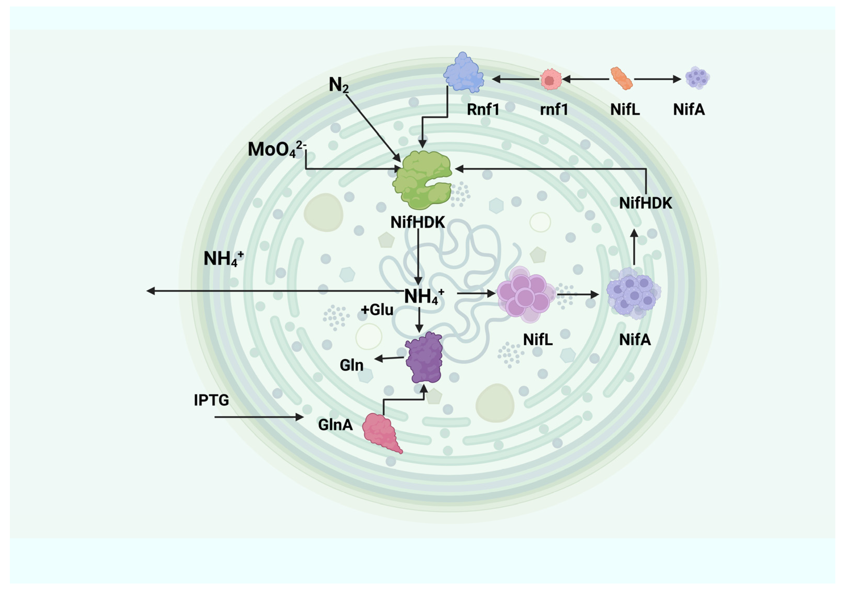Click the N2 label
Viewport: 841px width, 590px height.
coord(338,85)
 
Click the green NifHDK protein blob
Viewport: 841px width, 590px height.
coord(422,179)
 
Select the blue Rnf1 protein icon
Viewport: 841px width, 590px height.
coord(463,72)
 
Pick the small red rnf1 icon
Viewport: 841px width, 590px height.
coord(551,79)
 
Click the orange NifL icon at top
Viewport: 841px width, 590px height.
coord(621,78)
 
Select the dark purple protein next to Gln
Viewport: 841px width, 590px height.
coord(424,357)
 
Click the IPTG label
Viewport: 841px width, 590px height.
coord(211,400)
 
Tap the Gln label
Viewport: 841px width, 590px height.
coord(351,365)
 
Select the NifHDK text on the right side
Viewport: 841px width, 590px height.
coord(645,203)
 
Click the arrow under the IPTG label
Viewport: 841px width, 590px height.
coord(258,417)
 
